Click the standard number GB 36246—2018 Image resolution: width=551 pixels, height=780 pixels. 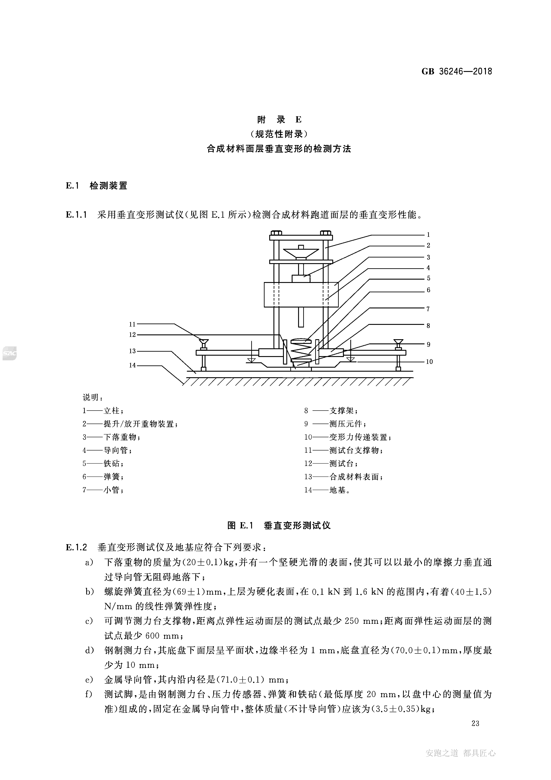(x=457, y=71)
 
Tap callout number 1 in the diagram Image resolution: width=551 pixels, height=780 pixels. (x=428, y=234)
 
